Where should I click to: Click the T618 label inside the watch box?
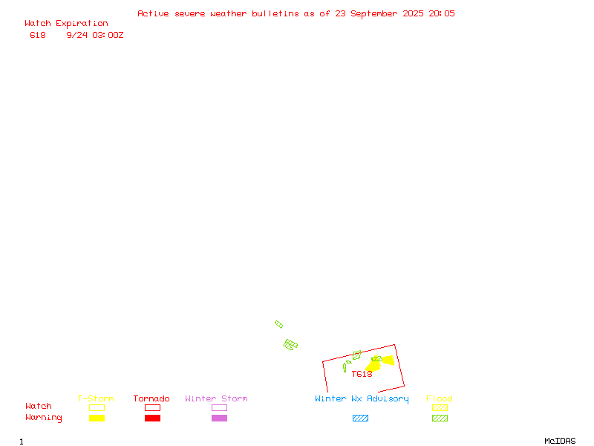point(362,375)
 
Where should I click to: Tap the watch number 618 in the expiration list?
point(38,35)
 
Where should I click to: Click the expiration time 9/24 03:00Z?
point(95,35)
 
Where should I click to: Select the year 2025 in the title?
point(413,13)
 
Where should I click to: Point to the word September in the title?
point(374,14)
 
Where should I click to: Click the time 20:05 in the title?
point(442,13)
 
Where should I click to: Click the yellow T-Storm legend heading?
point(96,398)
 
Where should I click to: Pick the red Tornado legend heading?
point(151,398)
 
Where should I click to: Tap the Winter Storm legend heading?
point(216,398)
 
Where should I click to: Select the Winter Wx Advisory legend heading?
point(362,399)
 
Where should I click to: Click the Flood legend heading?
point(440,398)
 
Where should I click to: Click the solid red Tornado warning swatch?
point(153,418)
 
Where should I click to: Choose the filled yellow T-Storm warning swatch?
point(97,418)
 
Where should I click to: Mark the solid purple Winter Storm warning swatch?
point(219,418)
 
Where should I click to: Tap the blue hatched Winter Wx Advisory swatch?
point(360,418)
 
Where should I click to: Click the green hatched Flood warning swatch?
point(440,418)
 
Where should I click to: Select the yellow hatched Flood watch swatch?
point(440,407)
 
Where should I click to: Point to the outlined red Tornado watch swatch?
point(153,407)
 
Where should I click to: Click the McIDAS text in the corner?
point(560,441)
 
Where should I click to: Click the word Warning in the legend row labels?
point(44,418)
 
